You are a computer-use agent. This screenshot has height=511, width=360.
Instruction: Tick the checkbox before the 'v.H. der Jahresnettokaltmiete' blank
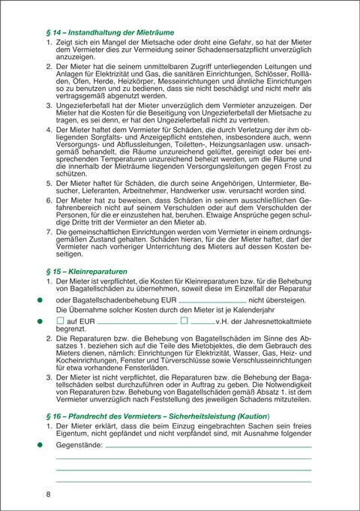pos(184,320)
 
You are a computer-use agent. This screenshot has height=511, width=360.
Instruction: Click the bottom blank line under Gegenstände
pos(184,479)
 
